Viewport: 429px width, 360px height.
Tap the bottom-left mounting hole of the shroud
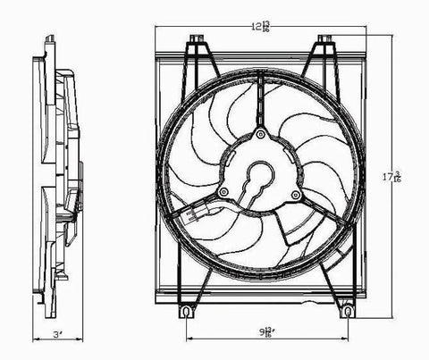186,313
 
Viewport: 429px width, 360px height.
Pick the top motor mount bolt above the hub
260,135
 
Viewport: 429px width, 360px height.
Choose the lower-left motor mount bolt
220,193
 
